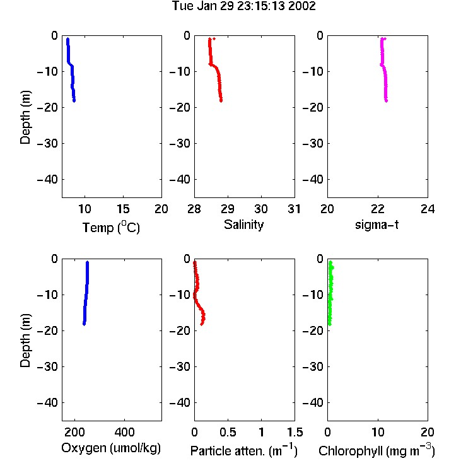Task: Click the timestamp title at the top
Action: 243,6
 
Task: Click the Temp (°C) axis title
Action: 111,227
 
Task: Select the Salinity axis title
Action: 243,225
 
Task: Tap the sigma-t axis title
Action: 377,225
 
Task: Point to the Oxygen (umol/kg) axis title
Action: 111,448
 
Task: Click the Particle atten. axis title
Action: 243,450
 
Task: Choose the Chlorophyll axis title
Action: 377,450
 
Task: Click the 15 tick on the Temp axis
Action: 123,209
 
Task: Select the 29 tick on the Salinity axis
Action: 228,209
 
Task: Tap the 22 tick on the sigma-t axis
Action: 378,209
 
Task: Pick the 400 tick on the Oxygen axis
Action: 124,432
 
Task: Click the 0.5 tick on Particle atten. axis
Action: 228,432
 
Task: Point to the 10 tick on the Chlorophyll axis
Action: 378,432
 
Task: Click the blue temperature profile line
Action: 72,69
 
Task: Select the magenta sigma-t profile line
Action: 384,70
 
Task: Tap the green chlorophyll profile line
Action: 330,293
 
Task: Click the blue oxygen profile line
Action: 86,293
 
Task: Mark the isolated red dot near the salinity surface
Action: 214,38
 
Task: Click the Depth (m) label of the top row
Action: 25,117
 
